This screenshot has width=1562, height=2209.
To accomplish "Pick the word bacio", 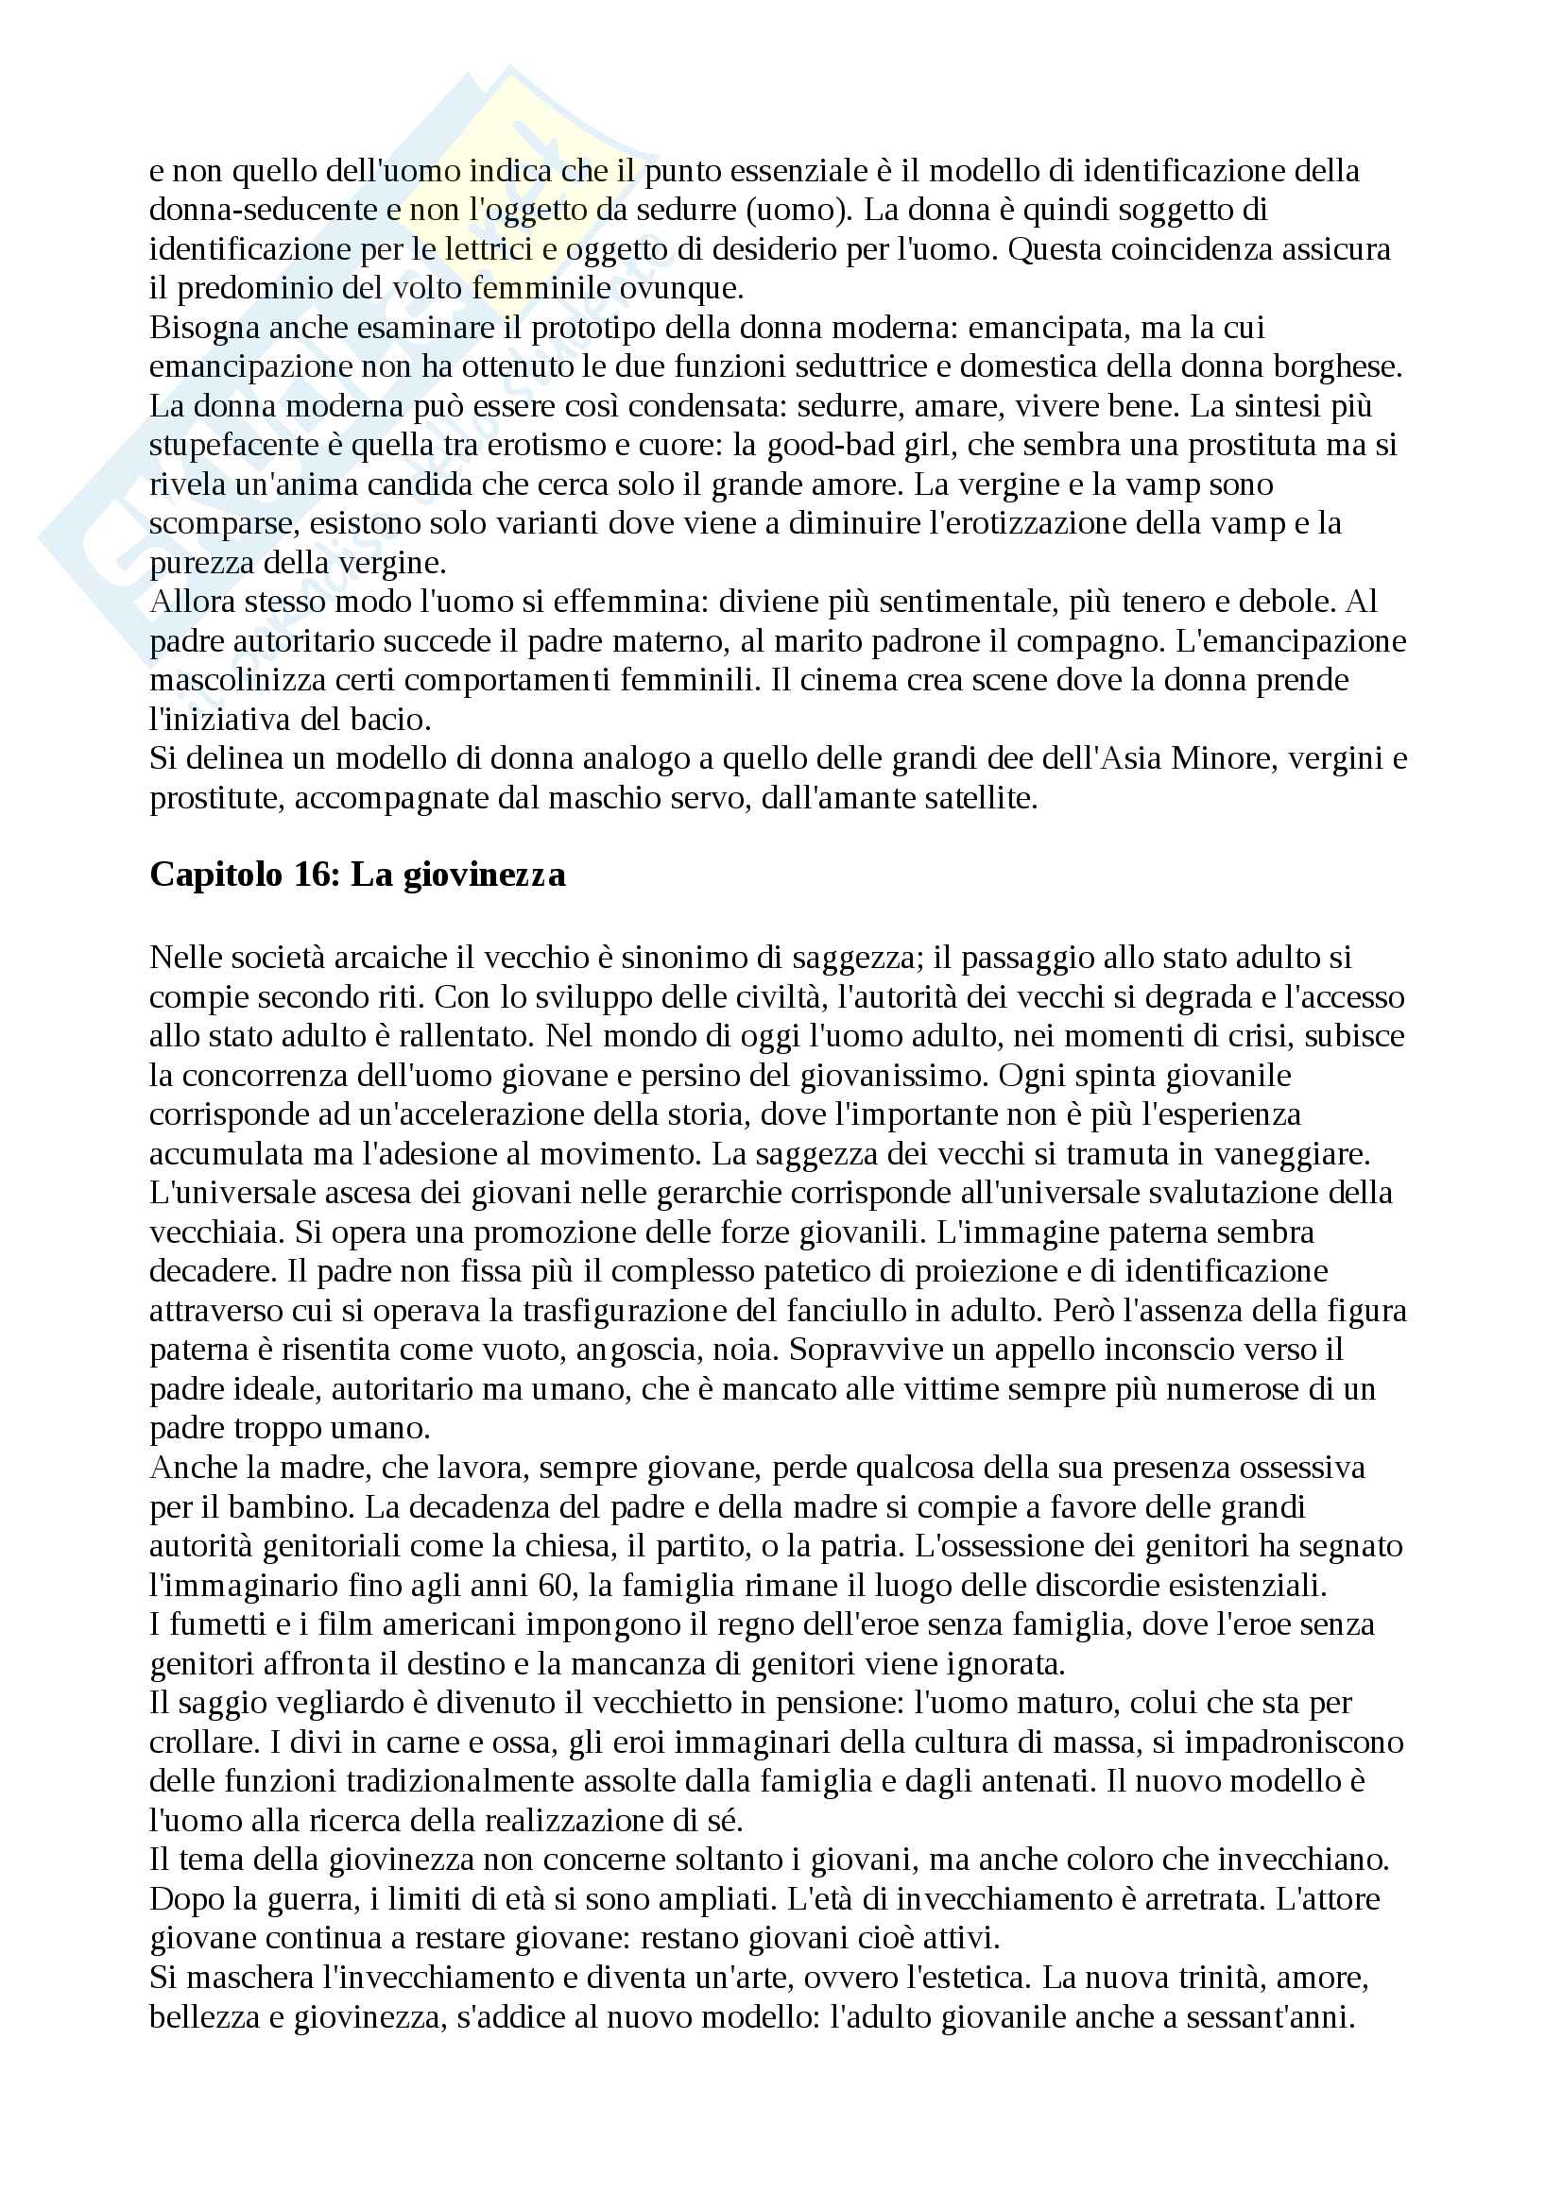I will [393, 719].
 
